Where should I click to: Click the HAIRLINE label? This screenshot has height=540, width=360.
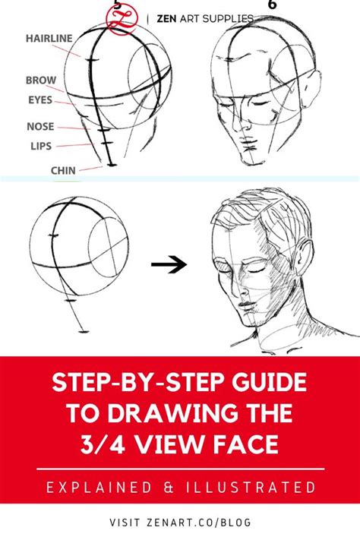coord(49,37)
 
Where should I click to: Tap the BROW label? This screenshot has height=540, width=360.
coord(40,80)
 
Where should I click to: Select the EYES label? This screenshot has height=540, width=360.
coord(40,99)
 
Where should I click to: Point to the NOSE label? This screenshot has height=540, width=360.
coord(40,127)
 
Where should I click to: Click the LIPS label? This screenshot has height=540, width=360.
coord(40,145)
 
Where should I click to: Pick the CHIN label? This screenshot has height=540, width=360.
coord(63,170)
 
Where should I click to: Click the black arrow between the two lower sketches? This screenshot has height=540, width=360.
coord(169,264)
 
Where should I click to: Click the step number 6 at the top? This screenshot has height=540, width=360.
coord(272,5)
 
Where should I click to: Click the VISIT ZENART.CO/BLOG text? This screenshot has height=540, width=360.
coord(180,522)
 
